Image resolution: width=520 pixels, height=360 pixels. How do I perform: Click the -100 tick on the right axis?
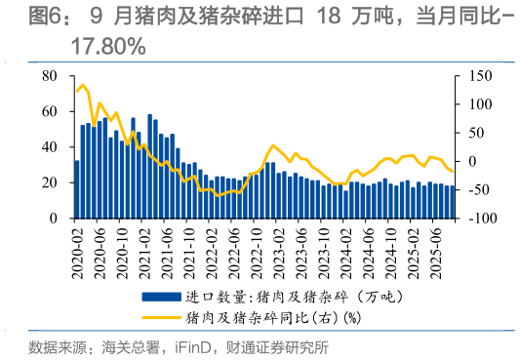pyautogui.click(x=474, y=219)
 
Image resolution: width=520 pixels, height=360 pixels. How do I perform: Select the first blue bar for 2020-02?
pyautogui.click(x=77, y=190)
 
